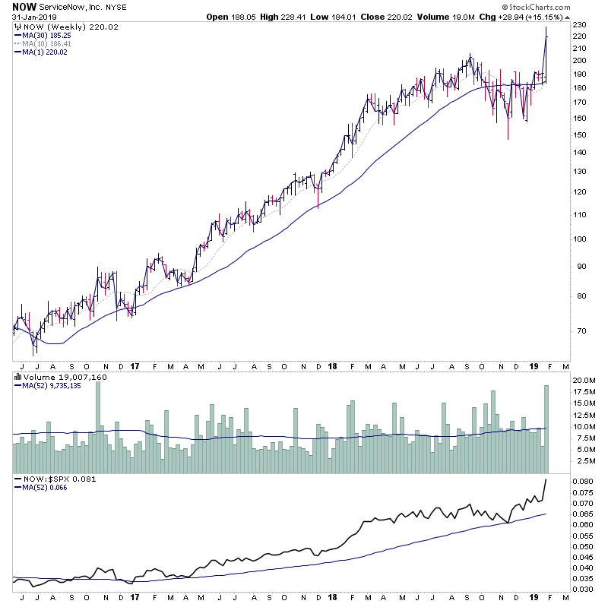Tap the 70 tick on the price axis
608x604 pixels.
click(580, 331)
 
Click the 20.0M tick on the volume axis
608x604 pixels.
click(584, 380)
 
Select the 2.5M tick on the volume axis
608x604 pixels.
click(583, 461)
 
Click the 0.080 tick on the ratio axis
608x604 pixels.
click(584, 482)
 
